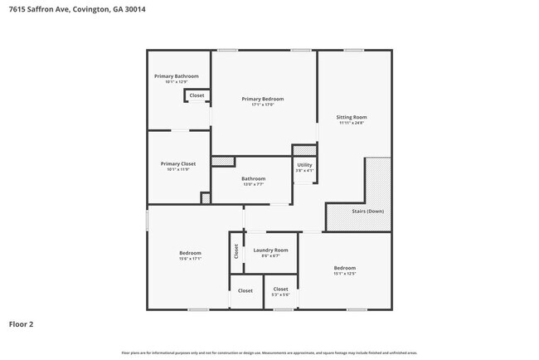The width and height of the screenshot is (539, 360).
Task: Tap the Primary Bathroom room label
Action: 176,76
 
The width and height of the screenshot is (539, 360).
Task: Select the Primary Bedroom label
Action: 262,99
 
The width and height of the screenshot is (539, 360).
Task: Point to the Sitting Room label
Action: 352,118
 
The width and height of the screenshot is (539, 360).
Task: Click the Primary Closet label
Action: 177,163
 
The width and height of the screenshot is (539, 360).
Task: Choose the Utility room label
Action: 304,165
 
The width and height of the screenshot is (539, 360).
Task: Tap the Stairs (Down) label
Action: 354,212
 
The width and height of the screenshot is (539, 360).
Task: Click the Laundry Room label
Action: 270,250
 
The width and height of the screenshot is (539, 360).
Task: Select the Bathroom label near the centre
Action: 253,178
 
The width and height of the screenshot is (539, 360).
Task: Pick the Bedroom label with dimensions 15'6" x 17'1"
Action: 190,252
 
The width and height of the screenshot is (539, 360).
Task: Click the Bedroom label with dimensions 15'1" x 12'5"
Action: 344,268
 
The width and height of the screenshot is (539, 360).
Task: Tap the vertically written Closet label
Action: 236,251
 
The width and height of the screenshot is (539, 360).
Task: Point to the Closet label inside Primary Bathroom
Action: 197,95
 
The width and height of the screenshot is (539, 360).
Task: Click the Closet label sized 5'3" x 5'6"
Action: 280,289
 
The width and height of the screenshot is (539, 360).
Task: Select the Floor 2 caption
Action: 21,324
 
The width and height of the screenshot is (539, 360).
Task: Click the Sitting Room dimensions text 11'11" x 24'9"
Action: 352,124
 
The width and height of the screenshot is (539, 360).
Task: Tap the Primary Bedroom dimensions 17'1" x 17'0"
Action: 262,105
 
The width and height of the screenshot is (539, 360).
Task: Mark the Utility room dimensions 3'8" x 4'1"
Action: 304,171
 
